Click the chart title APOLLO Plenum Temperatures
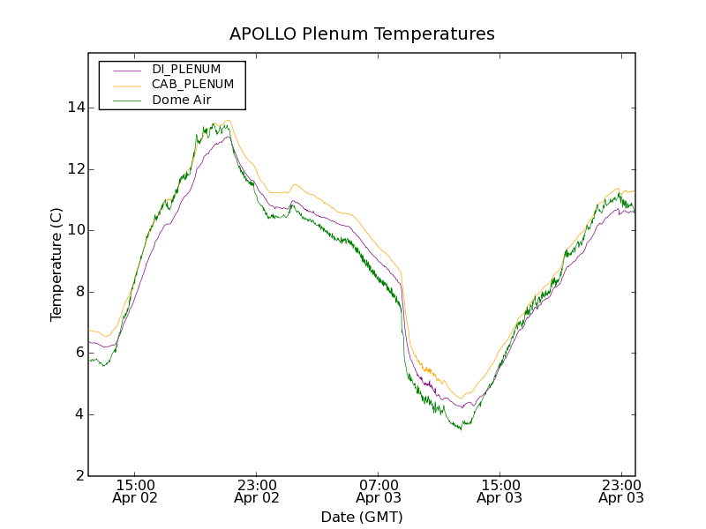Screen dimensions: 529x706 coord(362,34)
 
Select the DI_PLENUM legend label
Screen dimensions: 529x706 coord(186,69)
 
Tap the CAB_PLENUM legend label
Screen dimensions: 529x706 coord(192,85)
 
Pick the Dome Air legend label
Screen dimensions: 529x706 coord(181,100)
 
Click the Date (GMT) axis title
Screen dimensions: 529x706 coord(362,517)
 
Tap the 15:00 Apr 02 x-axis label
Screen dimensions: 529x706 coord(136,491)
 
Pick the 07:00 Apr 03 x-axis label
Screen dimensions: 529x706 coord(379,491)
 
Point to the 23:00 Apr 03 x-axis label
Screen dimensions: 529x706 coord(621,491)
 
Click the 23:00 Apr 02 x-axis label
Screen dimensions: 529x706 coord(257,491)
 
